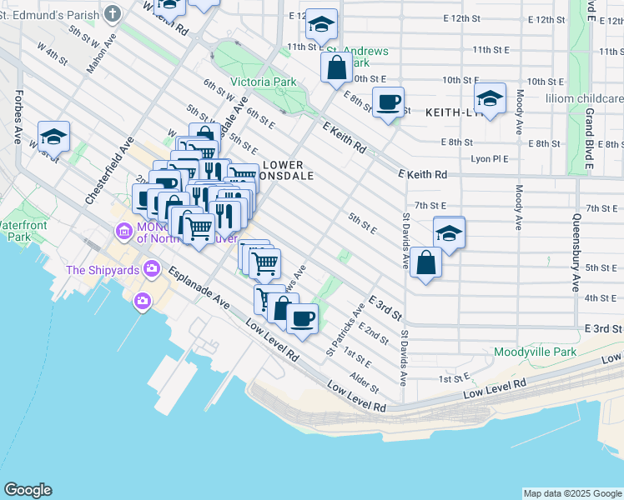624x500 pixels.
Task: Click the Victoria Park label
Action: pos(263,82)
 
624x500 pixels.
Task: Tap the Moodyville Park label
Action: pos(535,352)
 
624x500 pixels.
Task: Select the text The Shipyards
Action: pos(103,270)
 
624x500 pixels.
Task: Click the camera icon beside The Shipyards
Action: pos(152,267)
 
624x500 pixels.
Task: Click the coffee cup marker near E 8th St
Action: pos(388,102)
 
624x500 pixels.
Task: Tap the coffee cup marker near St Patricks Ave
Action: pos(302,317)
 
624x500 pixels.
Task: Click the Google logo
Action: pos(28,490)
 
